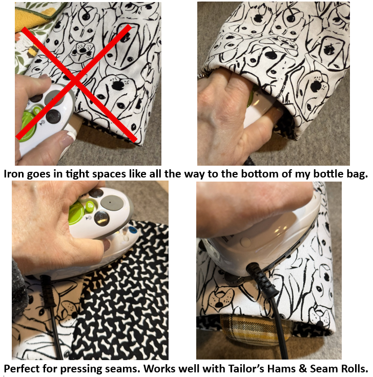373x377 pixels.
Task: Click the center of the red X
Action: click(x=76, y=82)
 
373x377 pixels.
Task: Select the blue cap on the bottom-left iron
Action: click(x=132, y=231)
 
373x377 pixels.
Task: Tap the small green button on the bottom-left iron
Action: click(x=89, y=206)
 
